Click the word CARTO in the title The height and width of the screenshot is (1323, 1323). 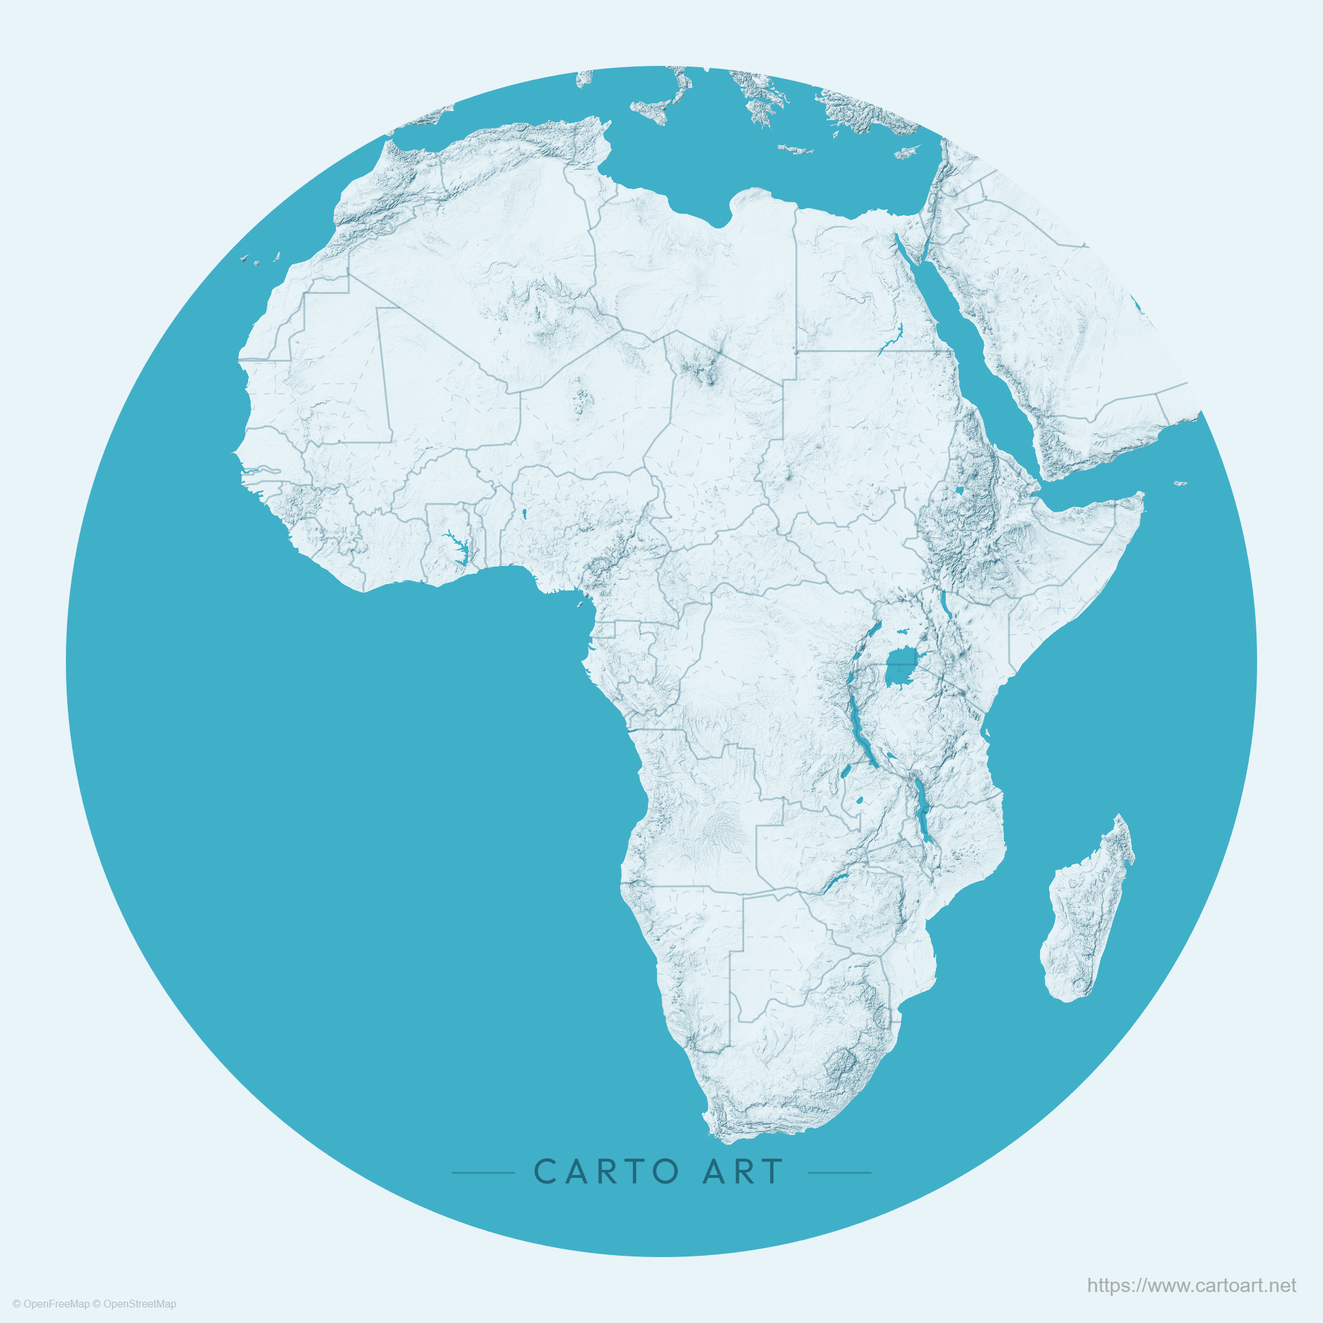point(605,1172)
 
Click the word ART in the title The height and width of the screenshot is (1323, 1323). point(742,1172)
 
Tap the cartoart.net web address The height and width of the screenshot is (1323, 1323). point(1191,1286)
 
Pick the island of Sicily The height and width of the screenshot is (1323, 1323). point(651,110)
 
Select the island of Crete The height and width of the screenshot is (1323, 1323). point(795,149)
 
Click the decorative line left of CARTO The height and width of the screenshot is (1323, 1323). point(483,1172)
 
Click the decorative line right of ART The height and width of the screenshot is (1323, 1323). point(840,1172)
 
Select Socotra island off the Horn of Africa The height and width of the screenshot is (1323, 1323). point(1180,483)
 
